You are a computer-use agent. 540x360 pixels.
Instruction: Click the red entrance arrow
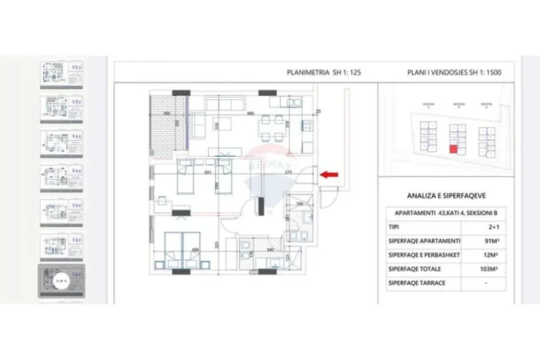pyautogui.click(x=329, y=174)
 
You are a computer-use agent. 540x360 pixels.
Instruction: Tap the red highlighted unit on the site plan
pyautogui.click(x=454, y=147)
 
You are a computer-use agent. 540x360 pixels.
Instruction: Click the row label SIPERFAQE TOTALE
pyautogui.click(x=414, y=270)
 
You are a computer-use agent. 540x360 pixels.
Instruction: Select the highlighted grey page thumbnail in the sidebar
pyautogui.click(x=62, y=280)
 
